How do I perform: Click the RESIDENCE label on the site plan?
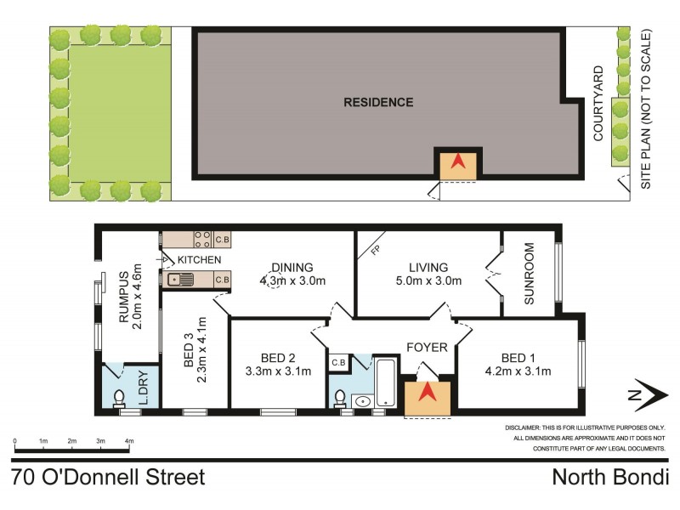pyautogui.click(x=378, y=102)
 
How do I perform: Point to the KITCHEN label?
pyautogui.click(x=200, y=259)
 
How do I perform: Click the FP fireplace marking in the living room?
pyautogui.click(x=375, y=251)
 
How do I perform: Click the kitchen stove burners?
pyautogui.click(x=203, y=240)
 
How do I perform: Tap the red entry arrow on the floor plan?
pyautogui.click(x=427, y=394)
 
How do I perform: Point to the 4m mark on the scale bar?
pyautogui.click(x=129, y=445)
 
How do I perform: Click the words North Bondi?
pyautogui.click(x=609, y=477)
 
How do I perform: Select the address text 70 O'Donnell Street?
pyautogui.click(x=109, y=477)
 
